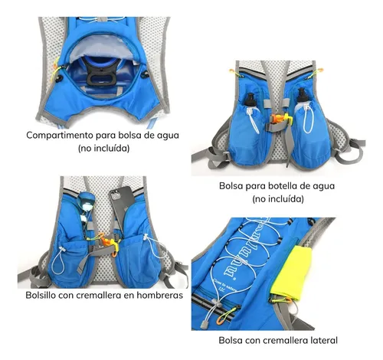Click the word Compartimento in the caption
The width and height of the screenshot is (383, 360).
coord(60,136)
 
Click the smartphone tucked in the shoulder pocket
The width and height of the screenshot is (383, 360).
coord(122,206)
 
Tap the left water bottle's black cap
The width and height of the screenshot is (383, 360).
coord(250,100)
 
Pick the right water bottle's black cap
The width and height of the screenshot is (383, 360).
coord(302,94)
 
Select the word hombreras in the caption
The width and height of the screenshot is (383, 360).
coord(160,295)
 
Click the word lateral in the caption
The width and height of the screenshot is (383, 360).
coord(324,340)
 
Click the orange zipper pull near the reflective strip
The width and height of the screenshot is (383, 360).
coord(222,317)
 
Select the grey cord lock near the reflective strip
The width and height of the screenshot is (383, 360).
coord(204,324)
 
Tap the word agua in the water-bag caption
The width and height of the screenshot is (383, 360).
coord(169,136)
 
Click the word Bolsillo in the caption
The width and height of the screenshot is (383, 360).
coord(41,295)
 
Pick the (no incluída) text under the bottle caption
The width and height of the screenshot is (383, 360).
coord(278,198)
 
